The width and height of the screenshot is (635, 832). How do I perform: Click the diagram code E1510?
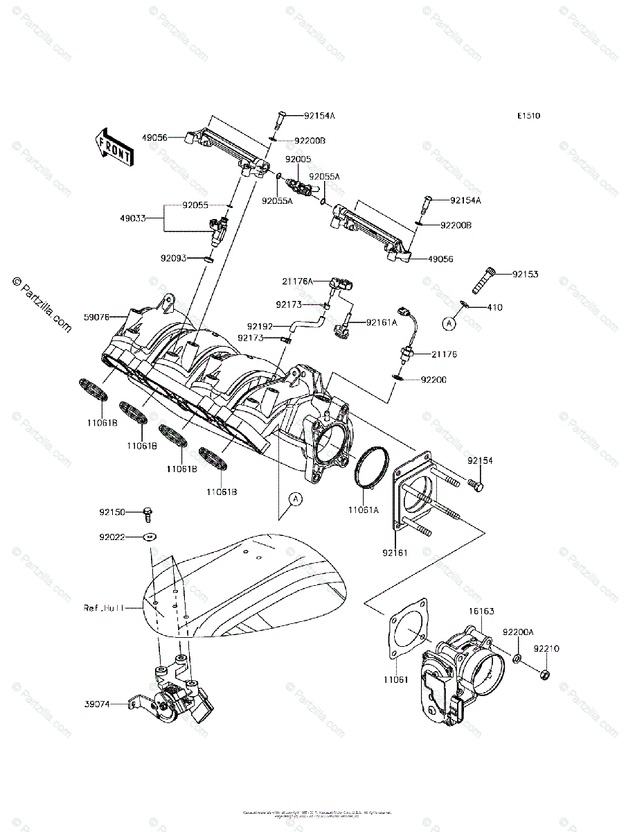528,116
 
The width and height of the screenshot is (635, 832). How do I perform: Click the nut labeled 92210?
544,673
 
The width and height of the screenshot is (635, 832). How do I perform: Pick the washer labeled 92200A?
518,656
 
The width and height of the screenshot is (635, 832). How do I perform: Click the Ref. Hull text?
104,607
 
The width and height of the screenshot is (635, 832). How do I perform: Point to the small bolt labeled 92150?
147,514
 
